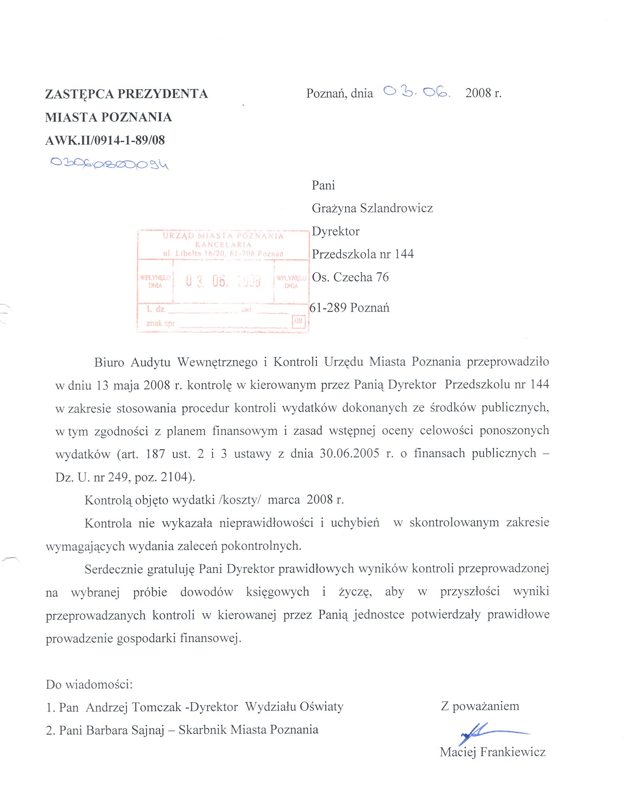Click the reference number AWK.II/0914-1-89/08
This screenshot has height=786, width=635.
pos(105,140)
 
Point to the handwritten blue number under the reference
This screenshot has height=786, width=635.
pos(109,163)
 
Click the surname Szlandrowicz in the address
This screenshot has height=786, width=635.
pos(396,208)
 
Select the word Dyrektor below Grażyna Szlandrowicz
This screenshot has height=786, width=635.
pos(335,231)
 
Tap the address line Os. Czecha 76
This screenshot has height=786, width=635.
pos(350,277)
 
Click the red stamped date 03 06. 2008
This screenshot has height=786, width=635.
pos(223,281)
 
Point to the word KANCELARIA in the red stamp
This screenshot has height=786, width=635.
pos(223,244)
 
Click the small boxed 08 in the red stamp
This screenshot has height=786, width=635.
pos(298,321)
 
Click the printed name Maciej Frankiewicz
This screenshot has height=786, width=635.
pos(492,752)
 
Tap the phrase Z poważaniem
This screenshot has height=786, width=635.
pos(480,706)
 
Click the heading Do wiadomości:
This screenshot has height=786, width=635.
pos(89,684)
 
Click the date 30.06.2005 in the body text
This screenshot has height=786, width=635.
pos(349,453)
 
